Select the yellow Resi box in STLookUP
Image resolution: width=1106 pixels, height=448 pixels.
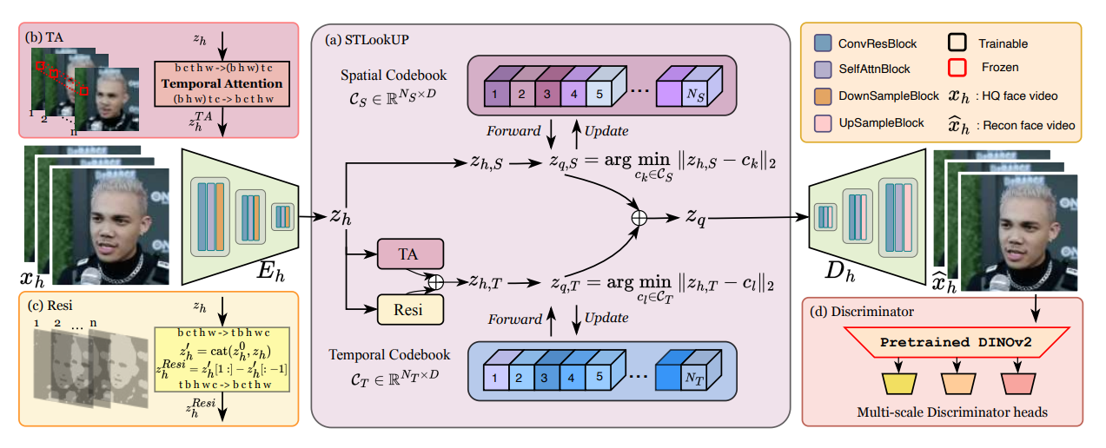point(409,308)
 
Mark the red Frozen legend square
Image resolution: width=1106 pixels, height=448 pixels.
point(958,67)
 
